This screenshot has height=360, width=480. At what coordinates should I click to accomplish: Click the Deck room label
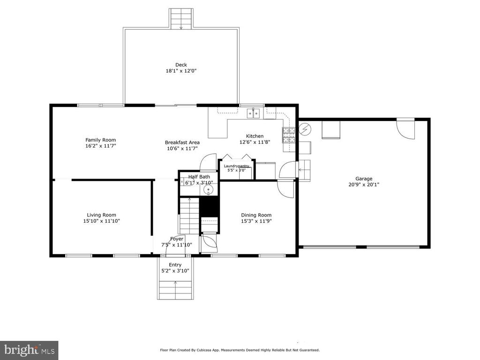click(x=181, y=65)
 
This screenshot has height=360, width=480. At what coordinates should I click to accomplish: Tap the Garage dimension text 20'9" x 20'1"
click(x=364, y=185)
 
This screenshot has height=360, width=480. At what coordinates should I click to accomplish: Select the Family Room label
click(x=101, y=140)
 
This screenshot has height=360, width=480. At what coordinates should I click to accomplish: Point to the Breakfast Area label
click(x=182, y=142)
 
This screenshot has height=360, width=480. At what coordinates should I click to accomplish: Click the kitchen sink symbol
click(x=253, y=113)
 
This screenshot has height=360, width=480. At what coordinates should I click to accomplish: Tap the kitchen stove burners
click(x=289, y=135)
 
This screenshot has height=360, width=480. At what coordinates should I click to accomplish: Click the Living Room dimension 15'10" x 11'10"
click(x=101, y=221)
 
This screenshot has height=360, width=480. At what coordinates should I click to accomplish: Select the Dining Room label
click(x=256, y=215)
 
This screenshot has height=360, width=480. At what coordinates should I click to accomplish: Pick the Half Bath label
click(x=199, y=177)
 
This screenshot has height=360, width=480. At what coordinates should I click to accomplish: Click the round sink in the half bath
click(x=209, y=190)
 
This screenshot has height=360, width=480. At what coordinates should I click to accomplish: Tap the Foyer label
click(x=177, y=239)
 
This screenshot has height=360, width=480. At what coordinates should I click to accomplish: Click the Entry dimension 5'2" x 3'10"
click(x=175, y=270)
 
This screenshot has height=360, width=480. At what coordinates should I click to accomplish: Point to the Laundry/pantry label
click(x=236, y=166)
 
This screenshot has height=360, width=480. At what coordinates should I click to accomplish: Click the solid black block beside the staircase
click(x=210, y=207)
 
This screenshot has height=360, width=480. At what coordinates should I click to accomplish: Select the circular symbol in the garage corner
click(x=305, y=129)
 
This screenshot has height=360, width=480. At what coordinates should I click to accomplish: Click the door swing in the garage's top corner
click(x=405, y=128)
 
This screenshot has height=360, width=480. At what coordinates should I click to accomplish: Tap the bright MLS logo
click(x=29, y=350)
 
